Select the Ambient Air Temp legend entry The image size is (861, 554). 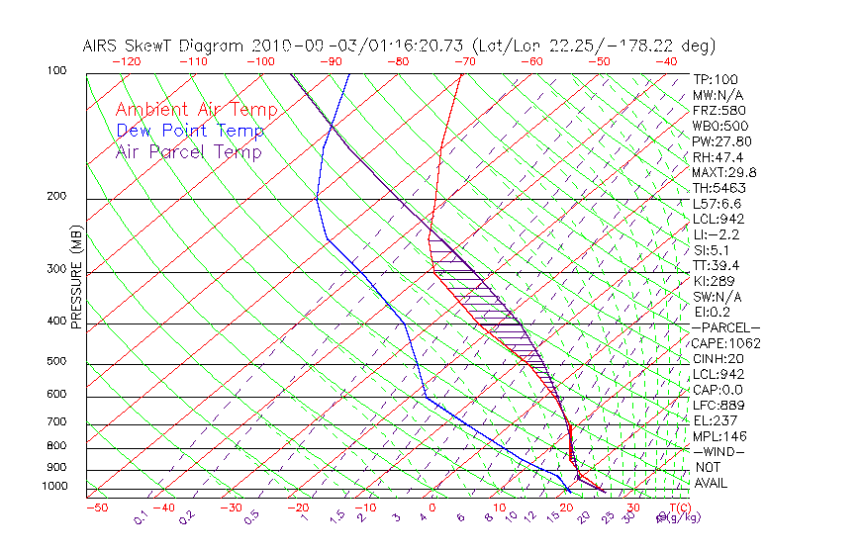(196, 110)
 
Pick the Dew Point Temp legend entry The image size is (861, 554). (189, 131)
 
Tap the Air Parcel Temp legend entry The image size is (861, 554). (188, 151)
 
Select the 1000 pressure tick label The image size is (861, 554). (56, 486)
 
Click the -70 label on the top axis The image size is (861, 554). (464, 61)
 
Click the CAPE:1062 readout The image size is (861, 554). (719, 343)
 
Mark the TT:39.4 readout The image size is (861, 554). (716, 265)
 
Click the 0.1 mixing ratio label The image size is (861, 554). (141, 516)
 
